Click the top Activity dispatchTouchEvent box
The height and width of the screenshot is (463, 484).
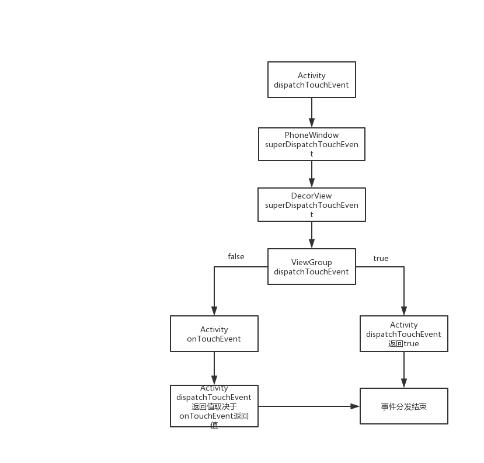311,80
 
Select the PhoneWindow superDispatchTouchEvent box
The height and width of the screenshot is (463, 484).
312,144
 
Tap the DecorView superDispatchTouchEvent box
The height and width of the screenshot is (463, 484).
312,204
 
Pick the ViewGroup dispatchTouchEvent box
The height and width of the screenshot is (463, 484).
311,267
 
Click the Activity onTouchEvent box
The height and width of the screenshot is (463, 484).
214,334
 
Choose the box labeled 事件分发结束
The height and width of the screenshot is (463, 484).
403,406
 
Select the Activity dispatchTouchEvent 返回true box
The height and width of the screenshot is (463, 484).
403,334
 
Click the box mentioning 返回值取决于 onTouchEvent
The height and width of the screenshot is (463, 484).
214,406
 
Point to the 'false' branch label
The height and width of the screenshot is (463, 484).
236,256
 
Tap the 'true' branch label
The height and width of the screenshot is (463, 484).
381,258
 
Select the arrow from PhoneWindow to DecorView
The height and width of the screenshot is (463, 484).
311,173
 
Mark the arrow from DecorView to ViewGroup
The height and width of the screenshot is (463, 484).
311,235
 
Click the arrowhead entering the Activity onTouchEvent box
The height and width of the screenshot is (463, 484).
214,311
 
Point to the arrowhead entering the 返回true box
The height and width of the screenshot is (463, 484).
403,312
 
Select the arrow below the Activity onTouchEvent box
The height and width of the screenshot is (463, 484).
214,368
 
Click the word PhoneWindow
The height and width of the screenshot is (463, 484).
311,135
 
